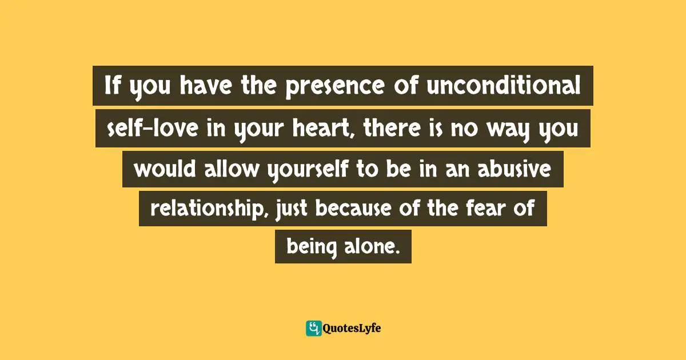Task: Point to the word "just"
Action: (x=292, y=210)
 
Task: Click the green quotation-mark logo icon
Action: (x=313, y=328)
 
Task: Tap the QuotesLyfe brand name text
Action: (x=352, y=328)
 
